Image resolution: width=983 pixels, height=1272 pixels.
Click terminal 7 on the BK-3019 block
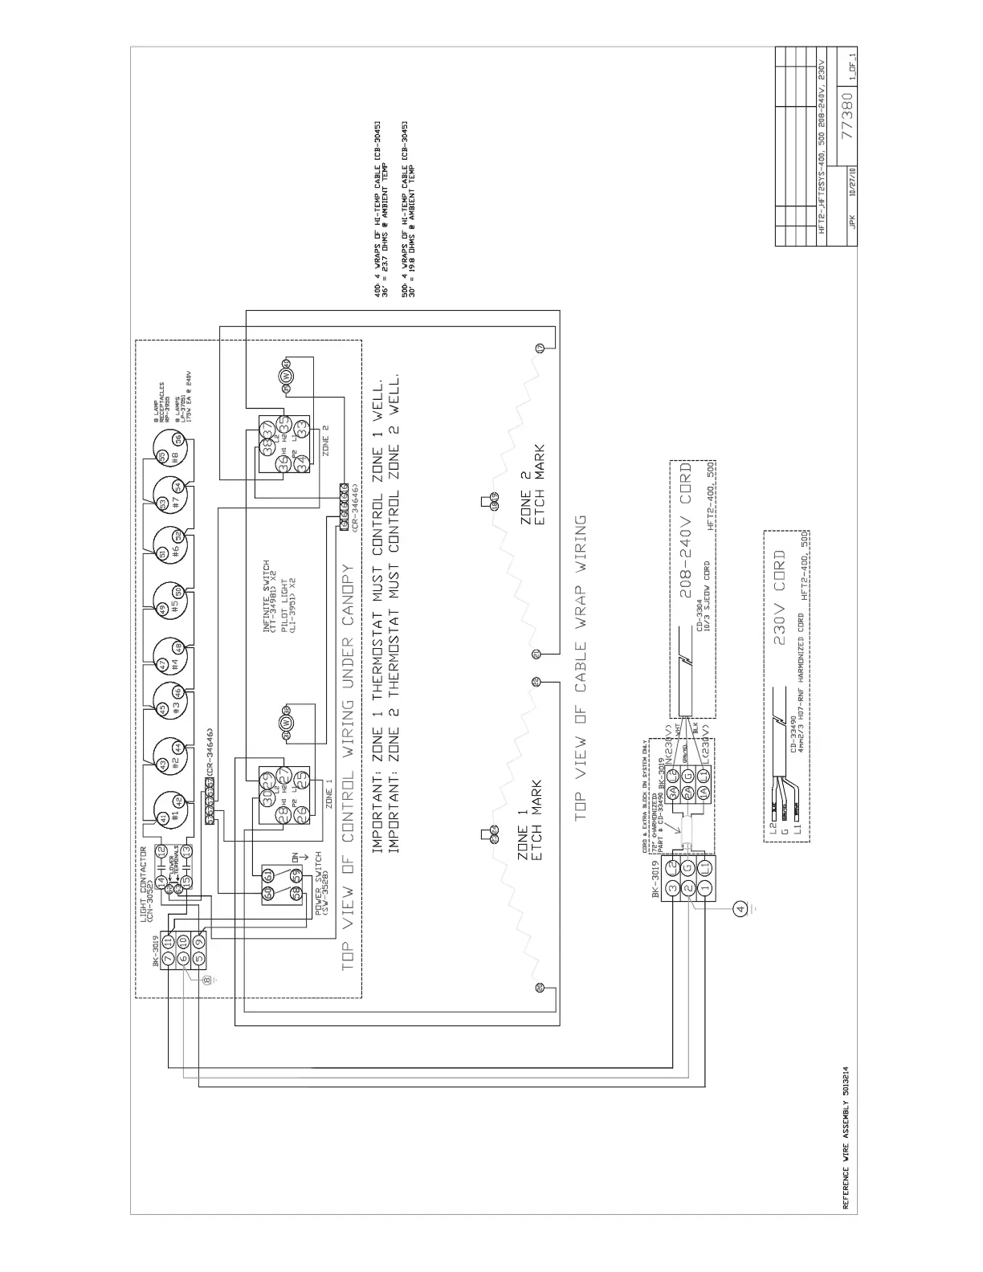tap(169, 959)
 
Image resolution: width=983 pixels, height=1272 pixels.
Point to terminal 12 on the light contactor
tap(161, 849)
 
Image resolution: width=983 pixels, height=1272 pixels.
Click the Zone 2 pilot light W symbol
tap(285, 377)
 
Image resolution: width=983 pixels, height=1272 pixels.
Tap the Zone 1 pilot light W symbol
tap(285, 722)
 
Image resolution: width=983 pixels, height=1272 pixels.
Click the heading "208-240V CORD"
tap(686, 530)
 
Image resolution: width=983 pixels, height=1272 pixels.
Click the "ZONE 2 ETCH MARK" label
tap(534, 487)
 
